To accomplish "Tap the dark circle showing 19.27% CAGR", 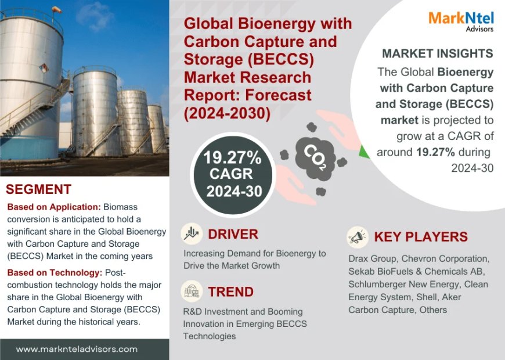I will [232, 174].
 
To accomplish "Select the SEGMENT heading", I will [38, 189].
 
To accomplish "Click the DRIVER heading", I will [233, 234].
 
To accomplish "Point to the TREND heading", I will [230, 291].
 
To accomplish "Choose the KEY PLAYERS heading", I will [421, 237].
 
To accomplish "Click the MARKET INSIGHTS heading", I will [437, 53].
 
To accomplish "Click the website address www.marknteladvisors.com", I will [77, 349].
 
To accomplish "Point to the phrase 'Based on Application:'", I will [53, 207].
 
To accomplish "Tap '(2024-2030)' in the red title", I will [227, 113].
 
